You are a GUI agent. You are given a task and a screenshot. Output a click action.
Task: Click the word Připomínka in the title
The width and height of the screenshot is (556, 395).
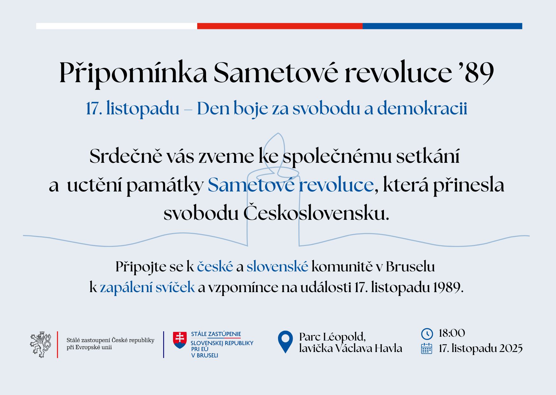[x=133, y=73]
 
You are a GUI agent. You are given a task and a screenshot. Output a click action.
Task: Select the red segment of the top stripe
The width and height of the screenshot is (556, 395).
[x=280, y=26]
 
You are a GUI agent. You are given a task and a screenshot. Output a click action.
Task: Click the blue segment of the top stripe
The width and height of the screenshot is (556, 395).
[x=442, y=26]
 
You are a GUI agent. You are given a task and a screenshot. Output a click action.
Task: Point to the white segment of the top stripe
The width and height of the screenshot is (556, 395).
[x=117, y=26]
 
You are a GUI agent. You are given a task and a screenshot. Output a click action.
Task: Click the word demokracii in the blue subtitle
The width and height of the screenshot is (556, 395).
[x=422, y=108]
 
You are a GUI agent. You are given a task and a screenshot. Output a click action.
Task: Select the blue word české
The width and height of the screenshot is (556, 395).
[x=215, y=267]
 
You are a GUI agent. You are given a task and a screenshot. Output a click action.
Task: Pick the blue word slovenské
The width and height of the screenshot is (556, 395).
[x=277, y=267]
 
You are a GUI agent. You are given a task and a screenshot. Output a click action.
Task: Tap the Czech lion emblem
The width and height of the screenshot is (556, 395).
[x=41, y=345]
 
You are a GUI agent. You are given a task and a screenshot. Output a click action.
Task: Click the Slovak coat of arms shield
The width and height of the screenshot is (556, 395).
[x=180, y=340]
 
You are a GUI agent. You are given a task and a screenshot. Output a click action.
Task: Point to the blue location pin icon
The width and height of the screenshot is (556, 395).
[x=285, y=342]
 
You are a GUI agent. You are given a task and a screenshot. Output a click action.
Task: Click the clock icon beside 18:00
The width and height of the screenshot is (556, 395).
[x=427, y=334]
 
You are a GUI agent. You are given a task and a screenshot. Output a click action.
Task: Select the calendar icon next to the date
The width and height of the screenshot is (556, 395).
[x=427, y=348]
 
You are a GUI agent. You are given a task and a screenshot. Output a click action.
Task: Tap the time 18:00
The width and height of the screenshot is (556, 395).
[x=452, y=333]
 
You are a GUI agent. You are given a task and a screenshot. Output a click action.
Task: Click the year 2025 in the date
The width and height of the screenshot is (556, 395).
[x=511, y=348]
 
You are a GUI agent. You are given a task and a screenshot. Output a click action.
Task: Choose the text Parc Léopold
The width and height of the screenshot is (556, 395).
[x=332, y=337]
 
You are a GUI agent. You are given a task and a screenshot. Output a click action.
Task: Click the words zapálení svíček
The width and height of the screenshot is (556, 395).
[x=147, y=288]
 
